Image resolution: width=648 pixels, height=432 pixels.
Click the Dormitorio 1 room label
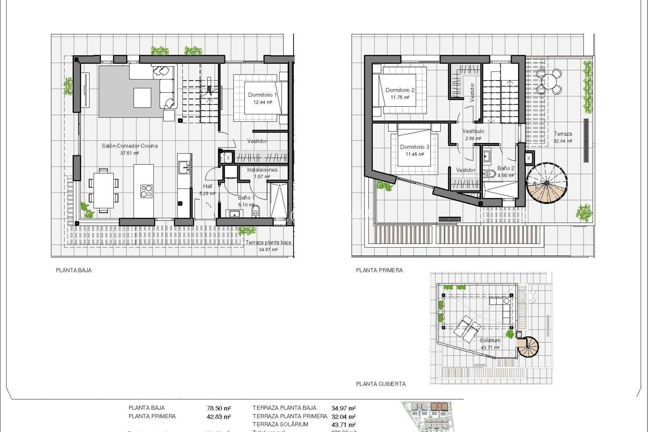pos(262,95)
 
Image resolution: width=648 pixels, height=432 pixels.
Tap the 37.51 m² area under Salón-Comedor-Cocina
pos(130,153)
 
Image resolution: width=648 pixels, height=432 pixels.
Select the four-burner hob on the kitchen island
pos(146,191)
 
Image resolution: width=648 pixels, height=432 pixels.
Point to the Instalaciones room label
pos(262,170)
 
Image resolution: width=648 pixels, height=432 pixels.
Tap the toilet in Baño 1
pos(255,211)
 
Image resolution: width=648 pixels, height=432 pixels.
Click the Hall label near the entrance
pos(208,186)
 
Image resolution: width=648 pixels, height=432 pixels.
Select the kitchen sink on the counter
pos(184,167)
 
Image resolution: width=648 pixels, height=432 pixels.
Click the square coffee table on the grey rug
pos(142,98)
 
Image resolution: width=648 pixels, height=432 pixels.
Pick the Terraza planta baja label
pos(268,242)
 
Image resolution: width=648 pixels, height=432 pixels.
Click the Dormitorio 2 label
pos(400,90)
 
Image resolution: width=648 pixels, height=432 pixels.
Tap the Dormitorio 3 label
pos(414,147)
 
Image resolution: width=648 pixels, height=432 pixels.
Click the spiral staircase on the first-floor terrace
pos(546,183)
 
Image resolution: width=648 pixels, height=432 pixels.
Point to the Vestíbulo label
pos(473,131)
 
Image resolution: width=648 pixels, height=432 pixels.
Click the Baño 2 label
pos(506,168)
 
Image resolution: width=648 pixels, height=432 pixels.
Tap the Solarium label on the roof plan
pos(490,340)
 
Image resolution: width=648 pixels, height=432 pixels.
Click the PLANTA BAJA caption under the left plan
pos(74,270)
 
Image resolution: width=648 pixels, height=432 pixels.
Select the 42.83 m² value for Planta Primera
pos(219,417)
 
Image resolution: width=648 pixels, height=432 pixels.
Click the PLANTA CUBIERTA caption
pos(381,384)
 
